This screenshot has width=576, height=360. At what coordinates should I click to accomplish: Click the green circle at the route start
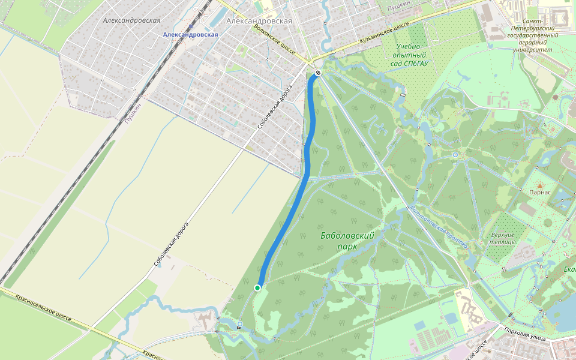pos(257,288)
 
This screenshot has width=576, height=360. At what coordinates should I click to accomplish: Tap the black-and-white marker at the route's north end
pos(318,73)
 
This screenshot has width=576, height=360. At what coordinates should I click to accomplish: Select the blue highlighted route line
pos(294,204)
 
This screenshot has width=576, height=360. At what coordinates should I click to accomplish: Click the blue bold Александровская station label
pos(190,35)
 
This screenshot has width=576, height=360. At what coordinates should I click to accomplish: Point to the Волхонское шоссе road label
pos(274,40)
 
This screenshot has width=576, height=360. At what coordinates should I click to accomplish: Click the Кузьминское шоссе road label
pos(384,35)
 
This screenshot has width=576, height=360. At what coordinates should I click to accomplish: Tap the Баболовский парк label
pos(347,241)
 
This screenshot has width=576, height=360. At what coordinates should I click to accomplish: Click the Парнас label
pos(539,193)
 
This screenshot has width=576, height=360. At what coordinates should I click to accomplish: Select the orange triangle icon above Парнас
pos(539,185)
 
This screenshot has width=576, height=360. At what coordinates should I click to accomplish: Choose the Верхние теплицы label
pos(502,238)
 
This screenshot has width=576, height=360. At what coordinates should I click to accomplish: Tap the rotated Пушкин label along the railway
pos(133,112)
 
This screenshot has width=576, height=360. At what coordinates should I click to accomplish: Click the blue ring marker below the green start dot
pos(239,325)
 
